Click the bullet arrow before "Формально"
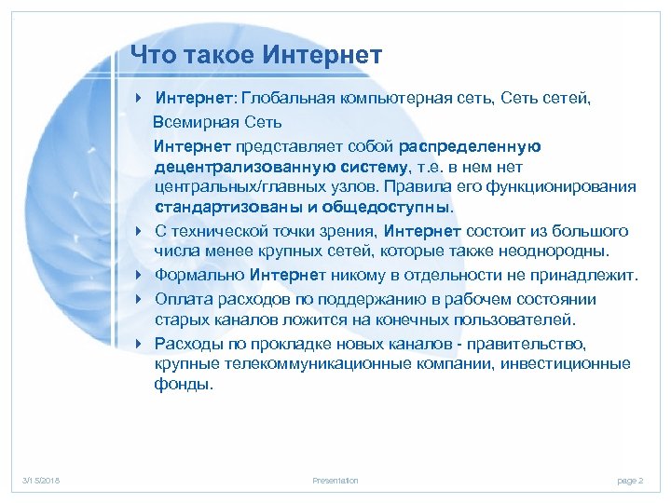pyautogui.click(x=139, y=276)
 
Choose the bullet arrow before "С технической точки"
pyautogui.click(x=139, y=231)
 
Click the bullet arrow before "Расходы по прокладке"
pyautogui.click(x=139, y=343)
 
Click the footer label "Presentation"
pyautogui.click(x=335, y=481)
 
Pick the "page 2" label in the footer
pyautogui.click(x=630, y=481)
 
